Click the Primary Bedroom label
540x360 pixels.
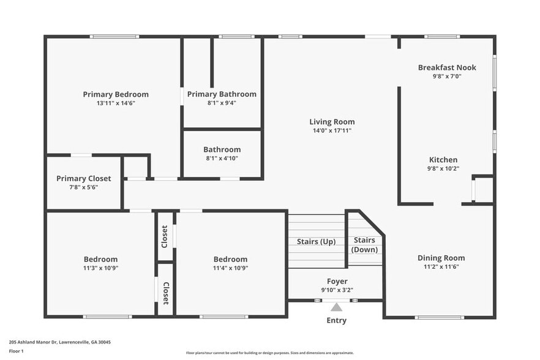click(116, 94)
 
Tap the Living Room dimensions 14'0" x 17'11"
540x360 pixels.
click(332, 130)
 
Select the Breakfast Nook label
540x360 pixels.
click(447, 67)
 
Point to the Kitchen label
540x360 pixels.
click(443, 160)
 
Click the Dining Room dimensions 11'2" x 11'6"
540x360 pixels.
click(441, 268)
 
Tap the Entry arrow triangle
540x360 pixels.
click(336, 307)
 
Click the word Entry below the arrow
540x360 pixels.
click(336, 320)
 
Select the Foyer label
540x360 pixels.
click(337, 281)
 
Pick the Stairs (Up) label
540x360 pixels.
click(316, 242)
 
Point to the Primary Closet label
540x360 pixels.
click(84, 178)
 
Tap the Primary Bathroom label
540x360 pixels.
click(222, 94)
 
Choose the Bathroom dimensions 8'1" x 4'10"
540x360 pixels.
click(222, 159)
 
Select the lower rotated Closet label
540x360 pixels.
click(165, 293)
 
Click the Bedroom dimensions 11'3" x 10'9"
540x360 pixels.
click(100, 268)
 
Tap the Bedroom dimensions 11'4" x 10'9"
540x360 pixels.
click(230, 268)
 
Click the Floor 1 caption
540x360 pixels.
click(16, 351)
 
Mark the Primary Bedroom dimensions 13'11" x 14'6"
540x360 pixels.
click(116, 103)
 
